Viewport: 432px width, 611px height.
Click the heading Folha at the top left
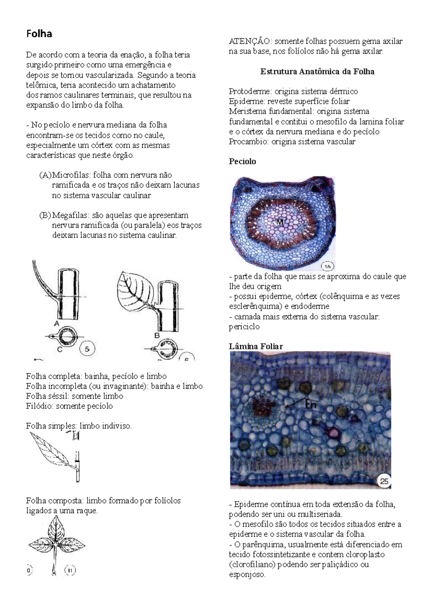tap(39, 34)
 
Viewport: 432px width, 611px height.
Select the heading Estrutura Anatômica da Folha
tap(317, 72)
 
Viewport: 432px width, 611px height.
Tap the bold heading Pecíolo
tap(242, 162)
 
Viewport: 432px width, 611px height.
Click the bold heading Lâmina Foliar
tap(256, 347)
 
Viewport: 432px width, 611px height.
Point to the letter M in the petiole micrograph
tap(280, 222)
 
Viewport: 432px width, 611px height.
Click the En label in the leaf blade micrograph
tap(311, 405)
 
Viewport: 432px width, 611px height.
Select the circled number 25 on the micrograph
tap(384, 481)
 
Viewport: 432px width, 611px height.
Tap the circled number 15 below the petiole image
tap(328, 266)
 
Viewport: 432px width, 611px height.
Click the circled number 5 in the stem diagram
tap(87, 348)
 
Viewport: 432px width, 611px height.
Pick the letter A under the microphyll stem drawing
tap(57, 324)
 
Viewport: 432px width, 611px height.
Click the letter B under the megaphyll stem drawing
tap(157, 335)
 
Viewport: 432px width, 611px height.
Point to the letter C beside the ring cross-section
tap(60, 349)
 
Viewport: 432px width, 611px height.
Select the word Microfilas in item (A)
tap(71, 175)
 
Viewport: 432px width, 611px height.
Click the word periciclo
tap(244, 327)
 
